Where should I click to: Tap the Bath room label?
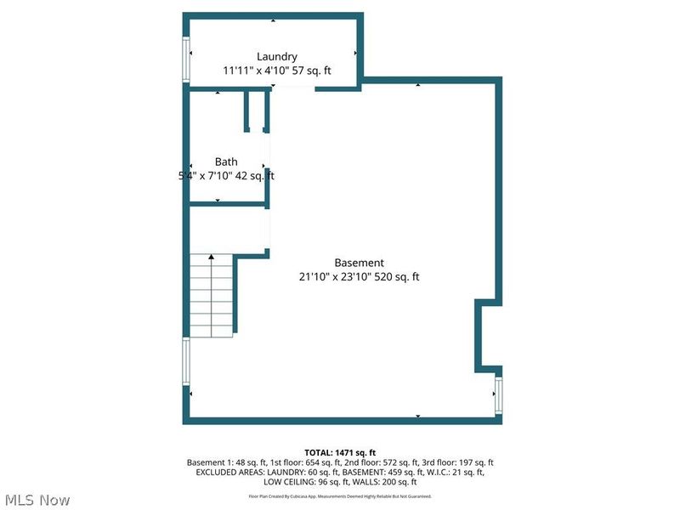(226, 161)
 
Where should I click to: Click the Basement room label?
(359, 263)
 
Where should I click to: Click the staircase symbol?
(211, 295)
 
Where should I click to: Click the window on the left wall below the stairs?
(185, 362)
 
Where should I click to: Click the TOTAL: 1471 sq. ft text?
(340, 451)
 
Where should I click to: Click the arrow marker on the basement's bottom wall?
(417, 416)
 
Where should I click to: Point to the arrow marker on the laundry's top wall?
(273, 20)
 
